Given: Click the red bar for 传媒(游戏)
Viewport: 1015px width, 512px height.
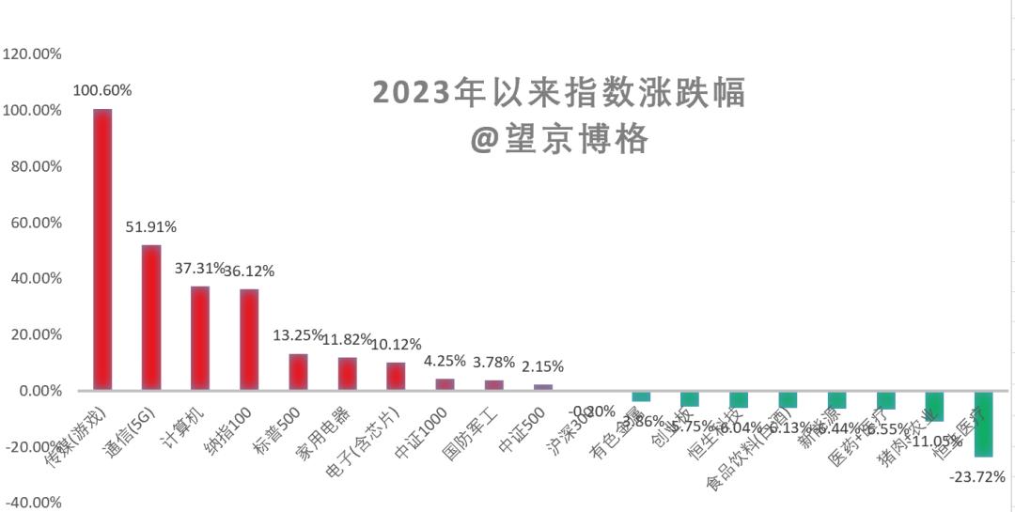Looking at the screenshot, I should click(x=102, y=249).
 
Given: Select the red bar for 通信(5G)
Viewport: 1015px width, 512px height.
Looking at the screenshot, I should click(x=151, y=318).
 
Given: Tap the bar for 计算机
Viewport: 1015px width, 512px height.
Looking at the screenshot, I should click(x=200, y=338).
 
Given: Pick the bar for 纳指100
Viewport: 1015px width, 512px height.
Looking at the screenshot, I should click(x=249, y=339).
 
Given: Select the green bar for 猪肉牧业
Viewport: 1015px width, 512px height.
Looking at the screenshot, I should click(x=934, y=405).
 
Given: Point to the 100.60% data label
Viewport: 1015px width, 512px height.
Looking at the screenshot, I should click(x=102, y=90).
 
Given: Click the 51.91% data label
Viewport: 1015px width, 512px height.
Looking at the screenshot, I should click(x=151, y=227).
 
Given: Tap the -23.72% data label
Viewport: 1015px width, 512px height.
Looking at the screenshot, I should click(x=977, y=476).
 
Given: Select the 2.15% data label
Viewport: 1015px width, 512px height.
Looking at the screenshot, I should click(x=542, y=366).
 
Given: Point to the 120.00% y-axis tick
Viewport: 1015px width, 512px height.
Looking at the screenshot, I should click(x=33, y=54).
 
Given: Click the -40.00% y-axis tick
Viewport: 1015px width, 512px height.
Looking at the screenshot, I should click(x=33, y=503).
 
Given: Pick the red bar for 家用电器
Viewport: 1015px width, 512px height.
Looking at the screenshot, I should click(x=347, y=373).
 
